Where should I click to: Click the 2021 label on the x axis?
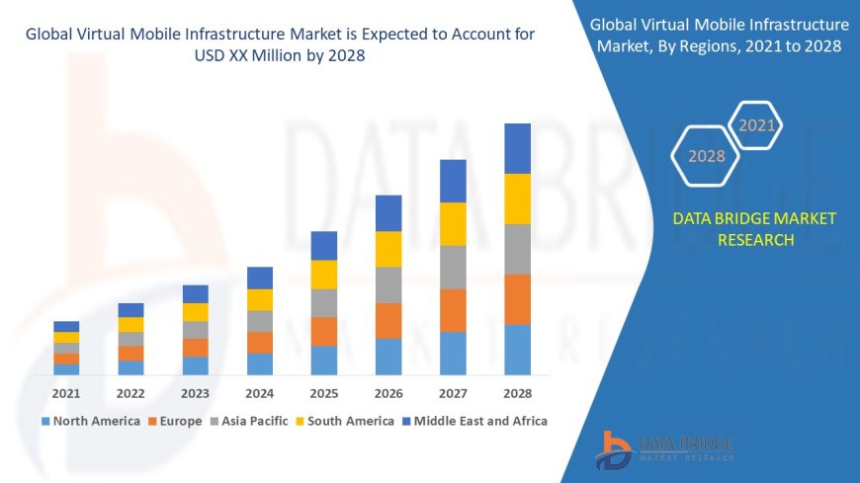pos(66,393)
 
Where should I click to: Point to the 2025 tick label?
pos(324,393)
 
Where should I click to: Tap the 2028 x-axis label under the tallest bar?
pos(517,393)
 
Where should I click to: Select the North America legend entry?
pos(90,421)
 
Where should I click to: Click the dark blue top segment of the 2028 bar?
pos(517,148)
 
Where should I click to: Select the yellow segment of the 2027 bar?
pos(453,223)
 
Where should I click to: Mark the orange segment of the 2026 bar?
pos(388,320)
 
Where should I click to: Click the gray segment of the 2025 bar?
pos(324,302)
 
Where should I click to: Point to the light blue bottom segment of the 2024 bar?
pos(260,363)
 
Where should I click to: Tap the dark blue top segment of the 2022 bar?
pos(130,310)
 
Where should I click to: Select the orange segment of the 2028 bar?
pos(517,299)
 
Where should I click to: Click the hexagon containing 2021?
pos(757,125)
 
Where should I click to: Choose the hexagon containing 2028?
pos(706,156)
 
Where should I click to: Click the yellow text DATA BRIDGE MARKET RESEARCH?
pos(754,229)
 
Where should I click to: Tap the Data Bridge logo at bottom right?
pos(663,448)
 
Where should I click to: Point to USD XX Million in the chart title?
pos(281,56)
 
